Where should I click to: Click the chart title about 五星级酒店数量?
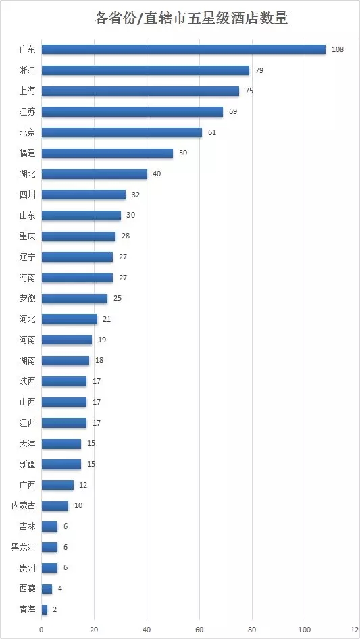pos(190,18)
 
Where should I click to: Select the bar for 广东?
pos(184,49)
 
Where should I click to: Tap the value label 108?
pos(338,50)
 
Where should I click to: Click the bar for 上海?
pos(140,91)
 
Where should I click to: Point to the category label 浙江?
pos(27,70)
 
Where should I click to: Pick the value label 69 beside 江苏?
pos(233,111)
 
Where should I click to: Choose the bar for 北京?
pos(122,132)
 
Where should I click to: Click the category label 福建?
pos(27,153)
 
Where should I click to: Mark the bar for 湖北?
pos(94,174)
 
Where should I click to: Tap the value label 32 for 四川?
pos(136,195)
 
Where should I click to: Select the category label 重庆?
pos(27,236)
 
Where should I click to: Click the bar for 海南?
pos(77,278)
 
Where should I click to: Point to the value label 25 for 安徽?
pos(118,299)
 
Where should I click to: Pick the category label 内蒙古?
pos(23,506)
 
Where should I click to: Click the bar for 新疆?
pos(61,464)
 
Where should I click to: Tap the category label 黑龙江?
pos(23,547)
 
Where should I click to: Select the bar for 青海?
pos(45,610)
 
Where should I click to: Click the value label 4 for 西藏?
pos(60,588)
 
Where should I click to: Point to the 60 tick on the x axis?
pos(200,629)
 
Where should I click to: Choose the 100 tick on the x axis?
pos(305,629)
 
